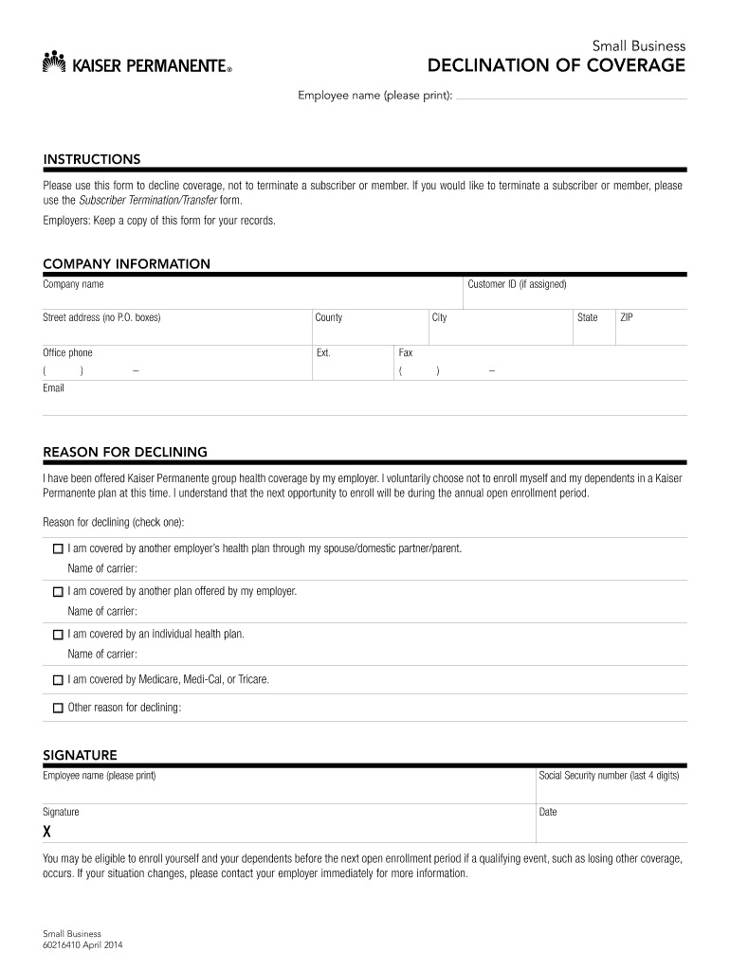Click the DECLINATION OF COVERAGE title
coord(556,65)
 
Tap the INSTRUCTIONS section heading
coord(92,159)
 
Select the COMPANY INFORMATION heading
coord(126,264)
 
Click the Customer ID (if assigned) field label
coord(517,285)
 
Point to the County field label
coord(329,317)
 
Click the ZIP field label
coord(627,317)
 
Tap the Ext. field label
coord(323,353)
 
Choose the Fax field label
coord(406,353)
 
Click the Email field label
coord(54,388)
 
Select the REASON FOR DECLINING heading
coord(125,452)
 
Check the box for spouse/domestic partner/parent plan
coord(58,549)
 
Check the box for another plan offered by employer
coord(58,592)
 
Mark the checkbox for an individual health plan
coord(58,635)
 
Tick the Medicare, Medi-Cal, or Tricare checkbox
coord(58,680)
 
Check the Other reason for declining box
coord(58,708)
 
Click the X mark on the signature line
coord(47,832)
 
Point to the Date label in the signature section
coord(548,813)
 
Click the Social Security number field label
coord(609,776)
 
